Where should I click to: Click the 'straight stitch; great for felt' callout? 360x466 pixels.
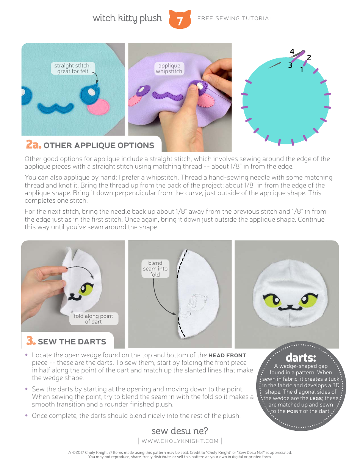tap(72, 68)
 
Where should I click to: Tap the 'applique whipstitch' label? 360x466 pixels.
tap(169, 68)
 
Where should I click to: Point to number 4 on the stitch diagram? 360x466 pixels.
tap(292, 52)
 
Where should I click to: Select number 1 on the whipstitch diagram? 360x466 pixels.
tap(302, 70)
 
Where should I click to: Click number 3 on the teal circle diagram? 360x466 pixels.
tap(290, 65)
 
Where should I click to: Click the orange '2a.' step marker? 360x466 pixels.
tap(33, 145)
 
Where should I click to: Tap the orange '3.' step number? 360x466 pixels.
tap(31, 341)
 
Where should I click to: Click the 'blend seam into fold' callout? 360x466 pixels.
tap(155, 269)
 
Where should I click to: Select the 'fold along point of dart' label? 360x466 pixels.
tap(93, 319)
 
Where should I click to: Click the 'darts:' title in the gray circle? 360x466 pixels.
tap(301, 358)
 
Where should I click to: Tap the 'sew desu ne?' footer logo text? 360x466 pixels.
tap(180, 431)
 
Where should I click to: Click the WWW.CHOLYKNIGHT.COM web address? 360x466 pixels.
tap(180, 441)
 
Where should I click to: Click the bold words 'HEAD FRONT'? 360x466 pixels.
tap(227, 355)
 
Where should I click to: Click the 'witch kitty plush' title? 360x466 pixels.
tap(127, 18)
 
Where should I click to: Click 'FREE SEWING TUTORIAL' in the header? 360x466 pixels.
tap(235, 18)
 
